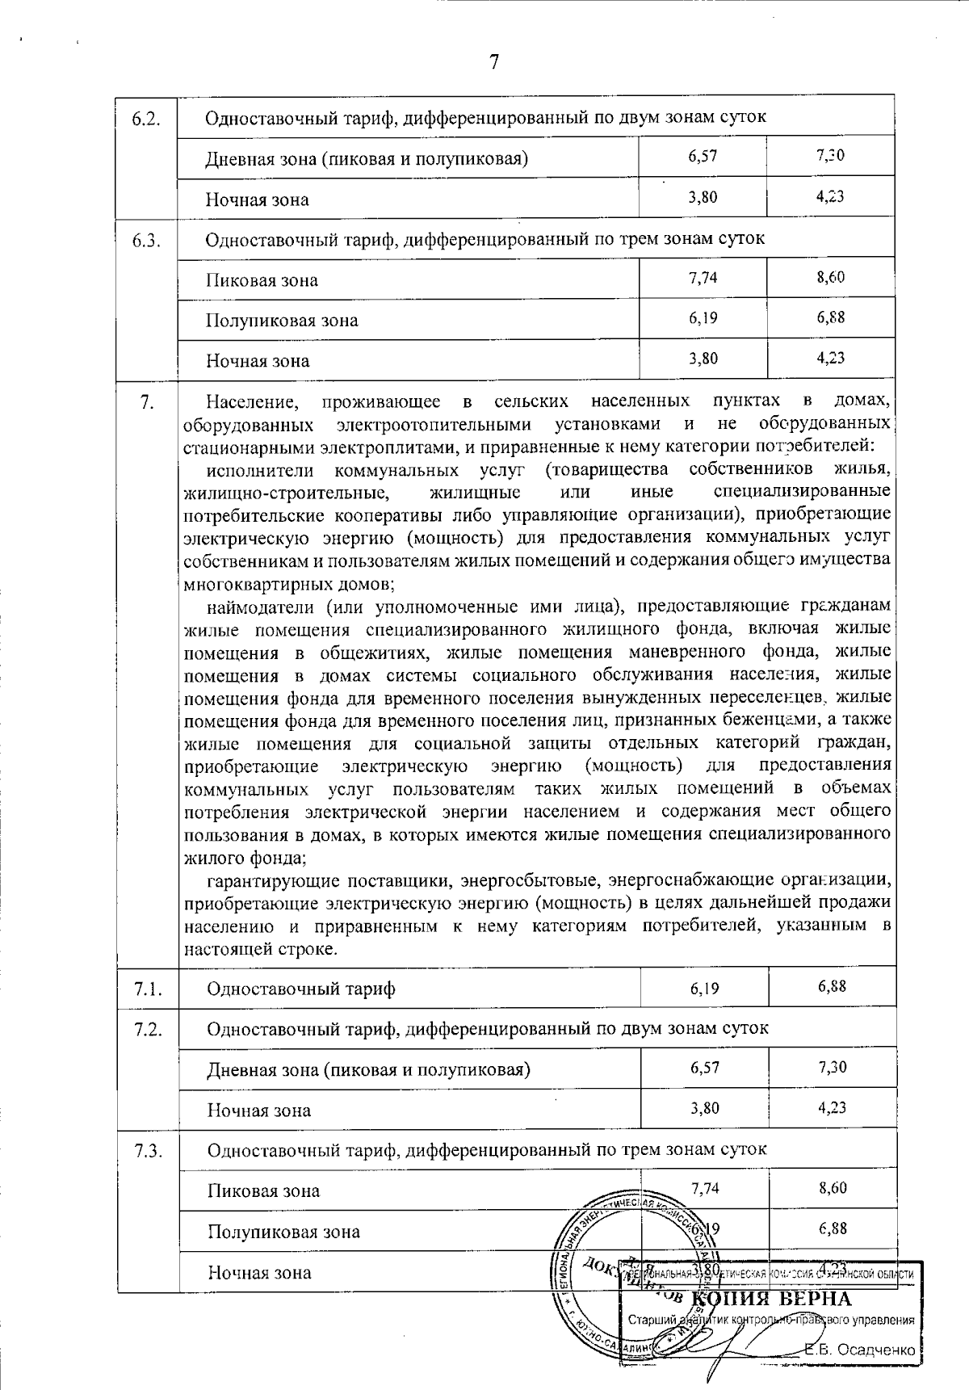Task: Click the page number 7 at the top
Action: pyautogui.click(x=494, y=62)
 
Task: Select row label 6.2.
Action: pyautogui.click(x=148, y=118)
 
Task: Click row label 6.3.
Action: pyautogui.click(x=148, y=240)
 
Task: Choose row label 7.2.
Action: pyautogui.click(x=149, y=1029)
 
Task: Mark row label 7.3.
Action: pyautogui.click(x=149, y=1150)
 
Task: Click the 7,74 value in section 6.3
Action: pyautogui.click(x=703, y=278)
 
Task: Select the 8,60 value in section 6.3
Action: pyautogui.click(x=831, y=278)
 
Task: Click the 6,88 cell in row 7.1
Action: pyautogui.click(x=832, y=986)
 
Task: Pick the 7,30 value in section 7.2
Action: pyautogui.click(x=832, y=1067)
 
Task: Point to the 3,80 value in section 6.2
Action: pyautogui.click(x=703, y=196)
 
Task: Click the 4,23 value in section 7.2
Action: pyautogui.click(x=832, y=1107)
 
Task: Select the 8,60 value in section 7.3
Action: pyautogui.click(x=832, y=1188)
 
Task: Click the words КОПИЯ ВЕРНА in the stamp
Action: pyautogui.click(x=772, y=1299)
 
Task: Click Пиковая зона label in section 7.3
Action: pyautogui.click(x=263, y=1191)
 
